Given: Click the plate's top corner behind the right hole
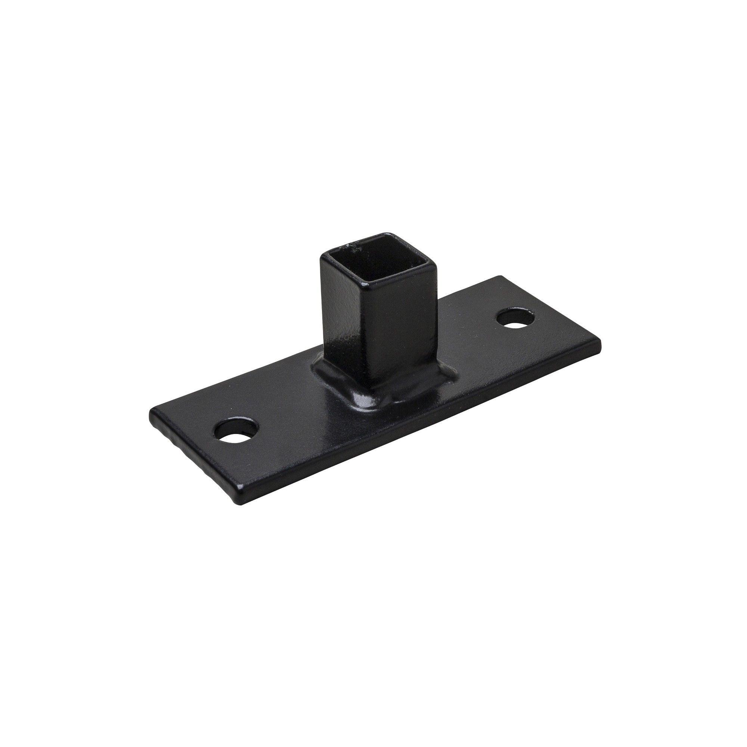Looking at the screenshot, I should [x=501, y=276].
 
